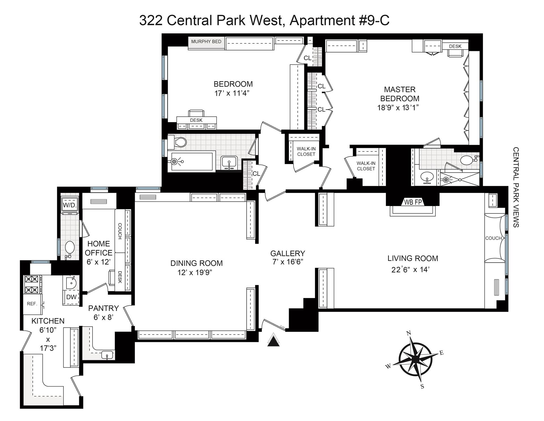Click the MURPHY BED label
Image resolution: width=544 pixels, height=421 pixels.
tap(206, 42)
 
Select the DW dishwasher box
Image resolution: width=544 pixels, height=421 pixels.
tap(71, 297)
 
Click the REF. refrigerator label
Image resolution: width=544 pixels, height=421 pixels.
tap(32, 304)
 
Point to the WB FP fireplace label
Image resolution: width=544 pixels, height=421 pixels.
tap(413, 202)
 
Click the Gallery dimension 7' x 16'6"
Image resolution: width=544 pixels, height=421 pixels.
tap(288, 262)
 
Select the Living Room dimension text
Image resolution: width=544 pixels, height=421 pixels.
tap(411, 269)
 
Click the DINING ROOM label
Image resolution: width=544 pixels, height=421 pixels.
tap(196, 263)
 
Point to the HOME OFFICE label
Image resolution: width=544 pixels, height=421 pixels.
tap(99, 248)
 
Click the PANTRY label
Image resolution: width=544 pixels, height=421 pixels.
tap(103, 308)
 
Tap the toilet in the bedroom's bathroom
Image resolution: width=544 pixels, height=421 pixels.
tap(177, 142)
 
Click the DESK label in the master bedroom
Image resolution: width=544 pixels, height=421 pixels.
tap(455, 46)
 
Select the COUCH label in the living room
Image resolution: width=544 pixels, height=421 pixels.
tap(493, 238)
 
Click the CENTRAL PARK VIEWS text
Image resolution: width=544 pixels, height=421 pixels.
tap(516, 187)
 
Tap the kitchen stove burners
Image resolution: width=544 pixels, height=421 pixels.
tap(32, 284)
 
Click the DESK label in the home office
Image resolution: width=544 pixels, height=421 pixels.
tap(120, 277)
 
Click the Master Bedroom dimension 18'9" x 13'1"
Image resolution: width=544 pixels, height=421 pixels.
tap(398, 108)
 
